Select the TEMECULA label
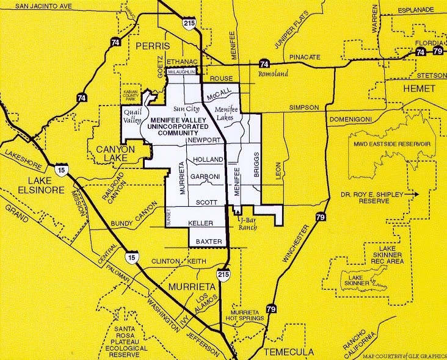pos(289,352)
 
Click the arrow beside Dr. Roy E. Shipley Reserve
pos(413,195)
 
